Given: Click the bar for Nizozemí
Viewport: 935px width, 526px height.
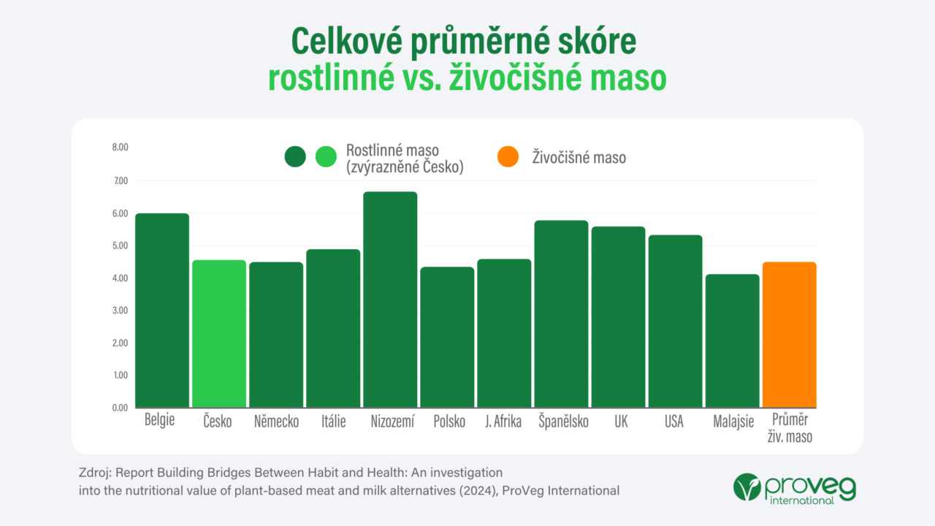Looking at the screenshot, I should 390,300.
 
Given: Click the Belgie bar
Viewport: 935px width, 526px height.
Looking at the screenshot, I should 162,310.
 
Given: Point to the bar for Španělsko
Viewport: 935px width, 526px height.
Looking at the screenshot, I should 561,313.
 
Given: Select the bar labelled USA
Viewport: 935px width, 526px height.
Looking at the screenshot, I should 675,321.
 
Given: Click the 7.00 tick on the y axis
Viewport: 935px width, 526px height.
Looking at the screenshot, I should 119,180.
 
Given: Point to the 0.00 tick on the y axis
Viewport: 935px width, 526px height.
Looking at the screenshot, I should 119,408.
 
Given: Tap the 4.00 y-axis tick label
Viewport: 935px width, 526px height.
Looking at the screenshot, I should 119,278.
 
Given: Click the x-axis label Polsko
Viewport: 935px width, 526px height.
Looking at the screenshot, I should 449,422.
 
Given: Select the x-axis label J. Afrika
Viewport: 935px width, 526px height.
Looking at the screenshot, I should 503,422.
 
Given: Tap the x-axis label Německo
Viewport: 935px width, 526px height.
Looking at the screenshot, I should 276,422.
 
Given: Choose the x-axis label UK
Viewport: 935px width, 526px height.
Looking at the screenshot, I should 618,422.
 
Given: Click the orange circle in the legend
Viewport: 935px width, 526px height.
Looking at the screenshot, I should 507,156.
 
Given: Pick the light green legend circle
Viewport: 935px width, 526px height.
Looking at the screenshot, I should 326,156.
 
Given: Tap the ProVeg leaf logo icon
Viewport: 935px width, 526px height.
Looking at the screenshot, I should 747,487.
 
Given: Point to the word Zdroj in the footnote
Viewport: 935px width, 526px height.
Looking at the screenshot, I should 93,473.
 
